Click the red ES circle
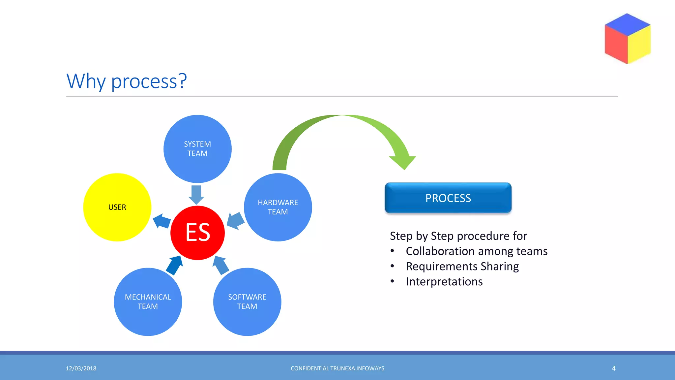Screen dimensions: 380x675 (x=197, y=233)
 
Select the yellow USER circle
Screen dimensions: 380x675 (x=117, y=207)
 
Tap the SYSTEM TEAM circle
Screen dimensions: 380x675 (x=197, y=149)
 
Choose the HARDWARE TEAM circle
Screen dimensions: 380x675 (x=278, y=207)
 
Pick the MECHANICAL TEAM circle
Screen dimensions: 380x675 (x=148, y=301)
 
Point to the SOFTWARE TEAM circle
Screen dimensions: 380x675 (x=247, y=301)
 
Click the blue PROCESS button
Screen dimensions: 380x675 (x=448, y=198)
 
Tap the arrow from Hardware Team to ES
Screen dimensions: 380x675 (x=236, y=221)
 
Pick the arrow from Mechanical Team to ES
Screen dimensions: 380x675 (x=175, y=265)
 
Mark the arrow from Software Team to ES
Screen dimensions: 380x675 (x=220, y=265)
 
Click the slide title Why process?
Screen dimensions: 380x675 (x=127, y=81)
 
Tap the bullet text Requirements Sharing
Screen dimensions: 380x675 (x=462, y=267)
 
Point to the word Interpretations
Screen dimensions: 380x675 (x=444, y=282)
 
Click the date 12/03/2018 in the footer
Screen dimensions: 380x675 (x=81, y=368)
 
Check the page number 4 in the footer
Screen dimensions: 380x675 (x=614, y=368)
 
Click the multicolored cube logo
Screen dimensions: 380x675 (x=628, y=39)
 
